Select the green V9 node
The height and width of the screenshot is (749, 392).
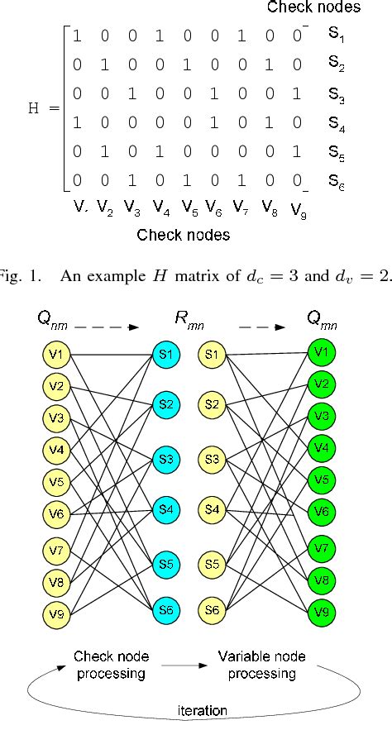(x=322, y=613)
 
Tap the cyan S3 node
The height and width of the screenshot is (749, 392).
(x=165, y=459)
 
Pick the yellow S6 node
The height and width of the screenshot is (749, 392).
(x=213, y=610)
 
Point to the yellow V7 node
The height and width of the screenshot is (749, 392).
(x=57, y=550)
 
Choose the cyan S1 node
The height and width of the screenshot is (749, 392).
(x=165, y=355)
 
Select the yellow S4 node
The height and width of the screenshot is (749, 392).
(x=213, y=509)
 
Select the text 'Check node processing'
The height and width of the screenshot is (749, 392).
(x=112, y=666)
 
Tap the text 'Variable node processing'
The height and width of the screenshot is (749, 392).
(x=261, y=666)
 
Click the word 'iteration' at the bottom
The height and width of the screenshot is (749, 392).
(x=203, y=710)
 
